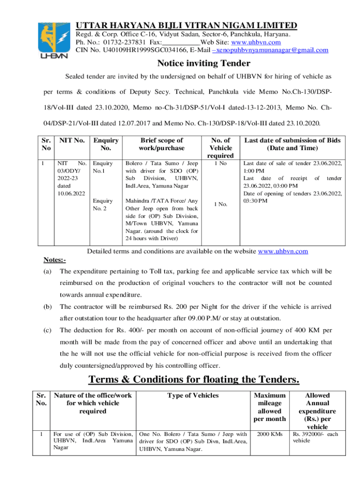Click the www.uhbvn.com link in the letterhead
(254, 42)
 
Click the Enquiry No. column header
(106, 144)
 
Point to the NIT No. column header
(72, 140)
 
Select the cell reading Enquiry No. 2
(103, 204)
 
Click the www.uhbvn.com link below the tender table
(283, 251)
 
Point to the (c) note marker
(47, 330)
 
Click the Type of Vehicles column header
(193, 395)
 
